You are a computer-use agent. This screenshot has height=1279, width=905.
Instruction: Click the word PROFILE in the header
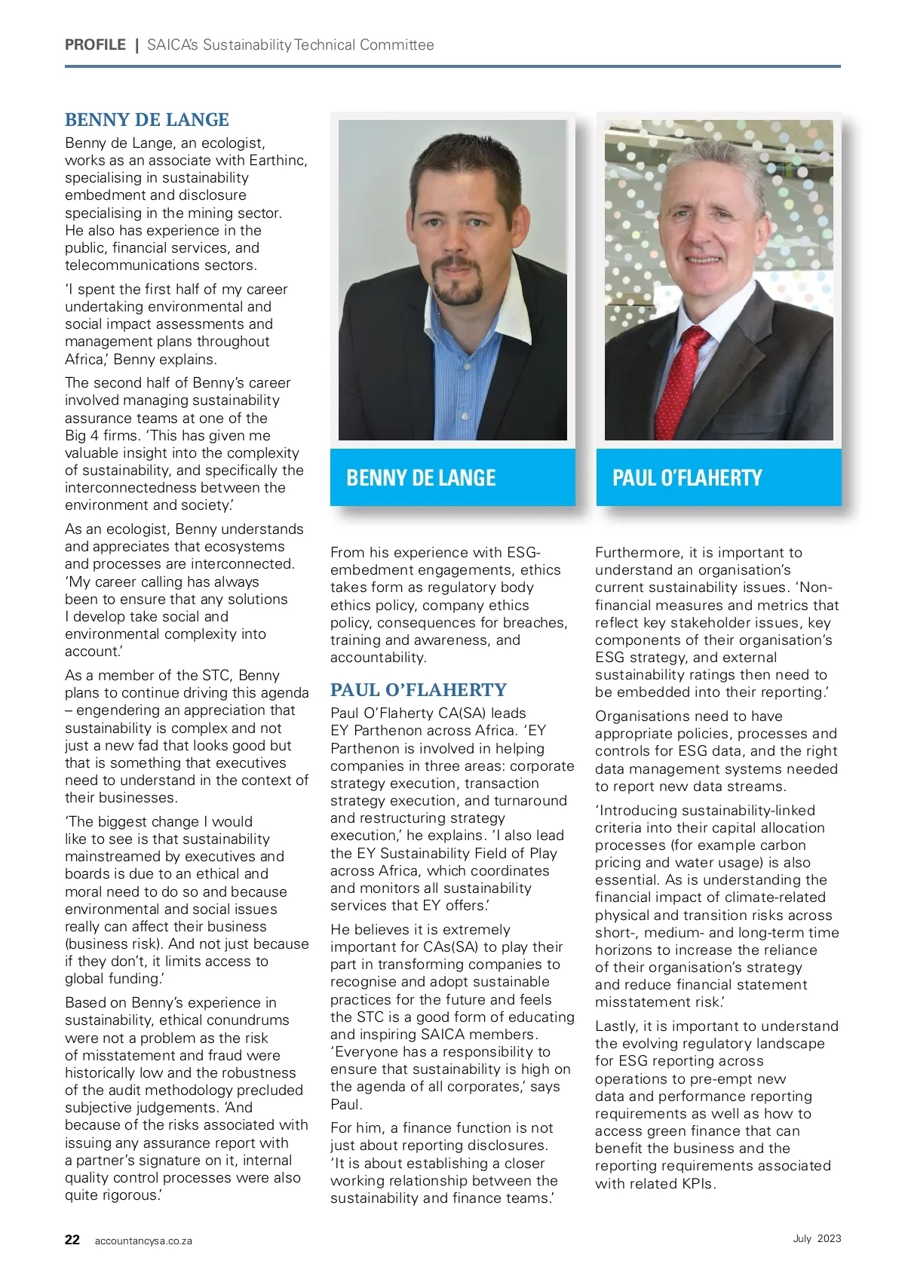tap(95, 44)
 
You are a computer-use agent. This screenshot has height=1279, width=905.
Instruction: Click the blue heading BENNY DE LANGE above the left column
tap(146, 120)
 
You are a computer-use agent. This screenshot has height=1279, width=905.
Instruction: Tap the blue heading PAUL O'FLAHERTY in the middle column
tap(418, 690)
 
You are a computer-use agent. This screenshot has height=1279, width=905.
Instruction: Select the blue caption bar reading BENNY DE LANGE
tap(452, 477)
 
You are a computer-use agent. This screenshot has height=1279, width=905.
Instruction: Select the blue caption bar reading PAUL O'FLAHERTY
tap(718, 477)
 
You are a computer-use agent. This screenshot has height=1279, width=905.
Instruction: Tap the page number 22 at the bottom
tap(72, 1240)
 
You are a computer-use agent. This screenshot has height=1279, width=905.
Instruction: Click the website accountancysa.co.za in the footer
tap(143, 1241)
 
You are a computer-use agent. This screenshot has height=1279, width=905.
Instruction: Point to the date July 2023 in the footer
tap(817, 1238)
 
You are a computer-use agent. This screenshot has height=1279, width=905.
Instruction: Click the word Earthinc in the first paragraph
tap(271, 160)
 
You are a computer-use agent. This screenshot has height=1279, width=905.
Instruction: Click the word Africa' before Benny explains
tap(86, 359)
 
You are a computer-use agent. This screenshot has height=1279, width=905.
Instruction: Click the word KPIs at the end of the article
tap(697, 1183)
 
